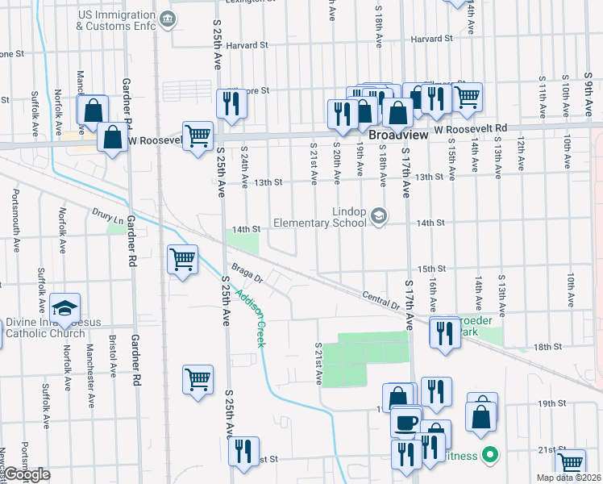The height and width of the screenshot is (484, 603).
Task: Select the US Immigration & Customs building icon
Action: coord(167,19)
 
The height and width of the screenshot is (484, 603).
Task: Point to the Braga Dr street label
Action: coord(247,272)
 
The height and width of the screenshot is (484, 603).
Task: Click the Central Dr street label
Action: coord(381,300)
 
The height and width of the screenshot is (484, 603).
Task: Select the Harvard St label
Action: coord(430,39)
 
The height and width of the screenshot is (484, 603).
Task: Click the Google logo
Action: coord(27,474)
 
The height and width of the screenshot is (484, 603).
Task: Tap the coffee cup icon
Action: coord(406,422)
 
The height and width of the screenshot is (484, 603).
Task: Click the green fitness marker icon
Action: coord(488,456)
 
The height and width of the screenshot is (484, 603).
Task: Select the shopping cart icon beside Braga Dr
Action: coord(183,260)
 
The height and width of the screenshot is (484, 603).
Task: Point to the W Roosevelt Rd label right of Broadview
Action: coord(470,128)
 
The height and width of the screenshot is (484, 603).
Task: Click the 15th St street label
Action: coord(431,269)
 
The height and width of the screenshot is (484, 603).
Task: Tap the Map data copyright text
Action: coord(573,478)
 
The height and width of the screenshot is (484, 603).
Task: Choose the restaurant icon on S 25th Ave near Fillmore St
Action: coord(231,103)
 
